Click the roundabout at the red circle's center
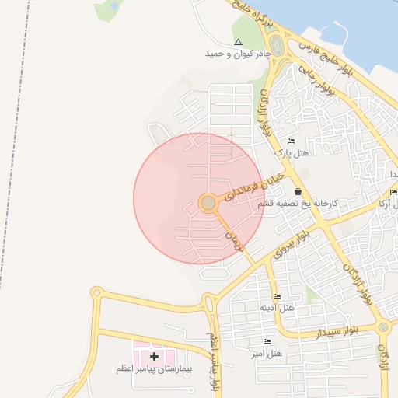click(x=208, y=203)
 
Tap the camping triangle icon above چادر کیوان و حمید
click(x=237, y=42)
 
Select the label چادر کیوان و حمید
click(x=237, y=54)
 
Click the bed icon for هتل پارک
click(x=291, y=141)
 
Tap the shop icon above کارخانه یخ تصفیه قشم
click(x=298, y=190)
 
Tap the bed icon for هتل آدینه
click(x=277, y=296)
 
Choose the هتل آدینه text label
click(x=277, y=308)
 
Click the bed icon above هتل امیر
click(x=267, y=341)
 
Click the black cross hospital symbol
click(x=154, y=356)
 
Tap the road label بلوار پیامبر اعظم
click(x=213, y=361)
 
